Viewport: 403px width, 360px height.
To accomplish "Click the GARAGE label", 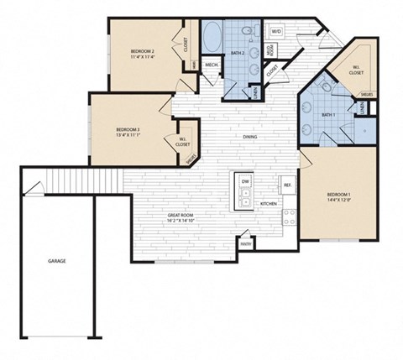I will pos(56,261).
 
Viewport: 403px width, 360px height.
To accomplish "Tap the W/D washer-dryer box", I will pos(276,31).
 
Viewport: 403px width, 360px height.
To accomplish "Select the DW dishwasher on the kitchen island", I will pos(245,181).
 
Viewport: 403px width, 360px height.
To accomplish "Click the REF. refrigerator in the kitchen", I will pos(286,185).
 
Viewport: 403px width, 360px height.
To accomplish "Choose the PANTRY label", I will pos(245,244).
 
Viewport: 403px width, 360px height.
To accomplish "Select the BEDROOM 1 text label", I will pos(338,195).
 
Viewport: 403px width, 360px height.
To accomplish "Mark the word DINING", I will pos(250,137).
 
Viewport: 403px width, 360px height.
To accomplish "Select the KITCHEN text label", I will pos(269,204).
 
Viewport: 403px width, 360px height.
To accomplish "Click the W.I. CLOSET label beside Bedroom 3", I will pos(183,142).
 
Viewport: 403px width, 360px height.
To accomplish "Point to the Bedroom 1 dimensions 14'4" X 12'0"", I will pos(338,201).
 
